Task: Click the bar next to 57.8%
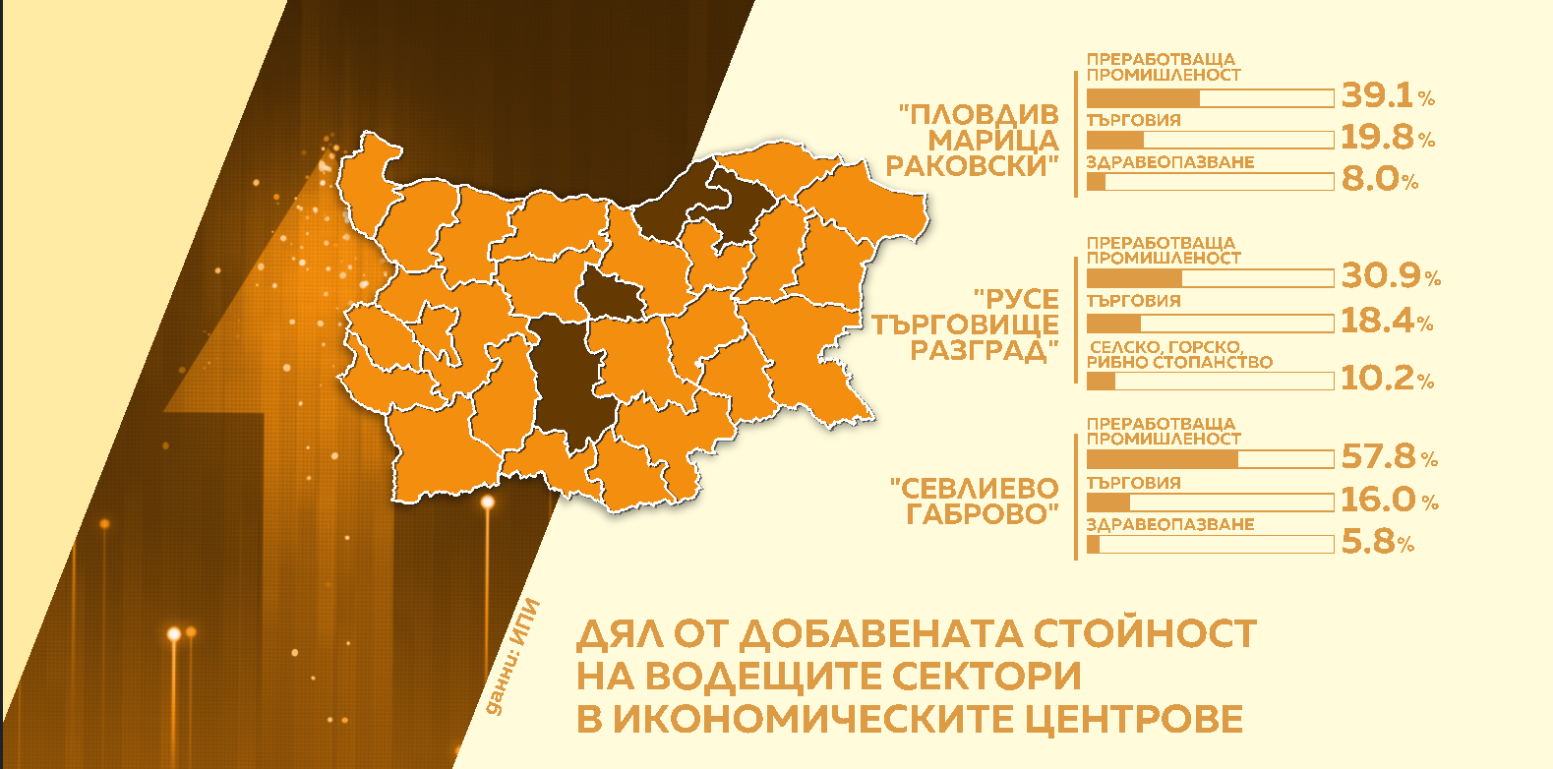point(1210,459)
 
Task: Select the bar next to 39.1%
point(1210,98)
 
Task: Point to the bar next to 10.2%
point(1210,381)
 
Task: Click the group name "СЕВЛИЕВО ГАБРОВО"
point(975,502)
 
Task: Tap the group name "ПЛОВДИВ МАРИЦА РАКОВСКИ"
point(974,141)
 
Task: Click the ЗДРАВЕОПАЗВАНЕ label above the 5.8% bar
point(1169,525)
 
